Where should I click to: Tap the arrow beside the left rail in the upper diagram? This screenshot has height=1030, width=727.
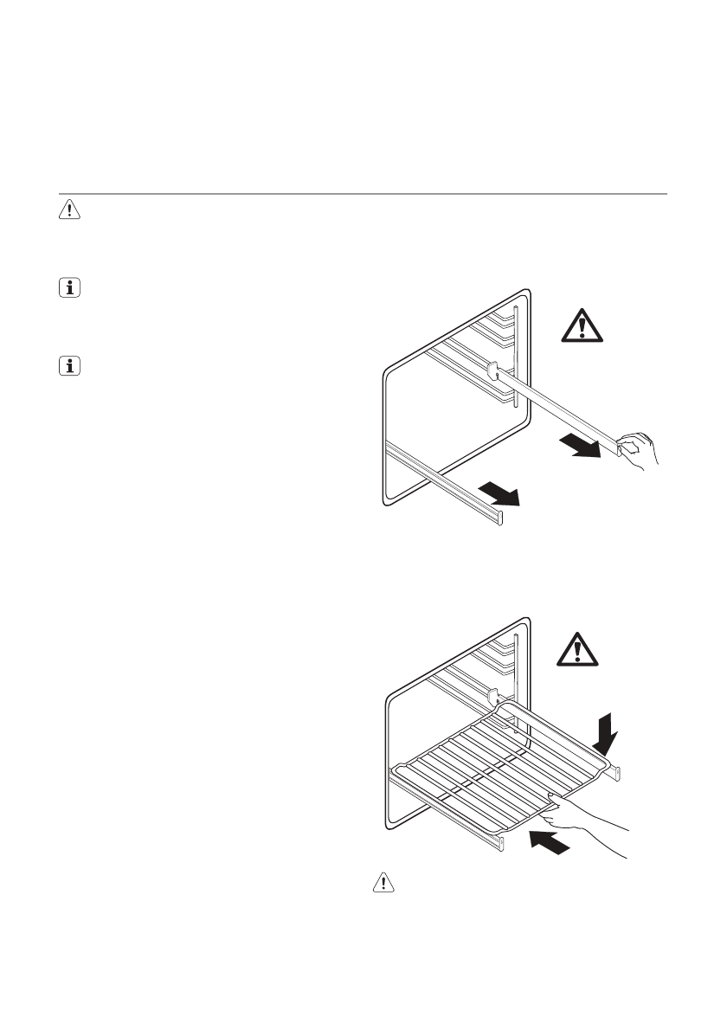click(499, 495)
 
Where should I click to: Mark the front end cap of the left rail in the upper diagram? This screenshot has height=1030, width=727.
click(499, 518)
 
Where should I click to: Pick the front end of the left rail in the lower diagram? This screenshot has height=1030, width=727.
click(499, 841)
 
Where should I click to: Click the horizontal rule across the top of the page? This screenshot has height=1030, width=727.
click(363, 194)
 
